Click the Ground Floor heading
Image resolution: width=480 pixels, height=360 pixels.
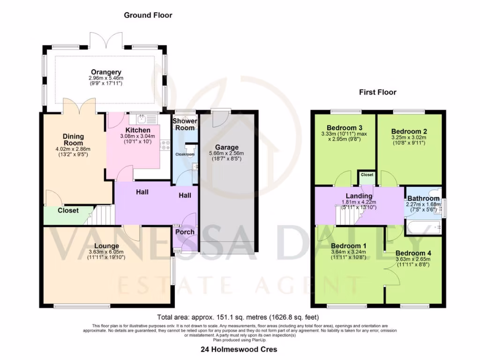click(148, 15)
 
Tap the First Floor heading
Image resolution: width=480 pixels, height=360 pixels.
click(377, 92)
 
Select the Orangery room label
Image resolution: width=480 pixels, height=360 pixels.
click(106, 72)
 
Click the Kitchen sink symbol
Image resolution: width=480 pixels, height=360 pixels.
click(140, 119)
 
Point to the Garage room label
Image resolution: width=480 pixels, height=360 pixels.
click(227, 147)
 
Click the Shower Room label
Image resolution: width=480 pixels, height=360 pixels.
click(185, 124)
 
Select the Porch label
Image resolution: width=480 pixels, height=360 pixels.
click(185, 232)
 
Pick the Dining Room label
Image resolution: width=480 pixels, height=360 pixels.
click(73, 140)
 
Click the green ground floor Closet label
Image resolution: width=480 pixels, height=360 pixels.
click(68, 211)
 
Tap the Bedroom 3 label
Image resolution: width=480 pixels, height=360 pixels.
click(344, 127)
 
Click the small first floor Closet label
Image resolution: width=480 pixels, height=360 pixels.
click(367, 175)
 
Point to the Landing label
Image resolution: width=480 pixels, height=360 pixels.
click(359, 196)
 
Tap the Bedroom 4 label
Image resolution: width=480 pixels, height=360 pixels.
click(413, 253)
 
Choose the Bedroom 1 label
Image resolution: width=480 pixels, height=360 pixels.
click(349, 246)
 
